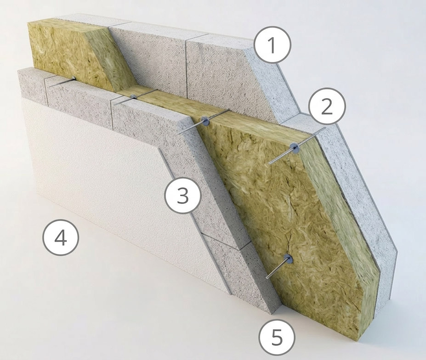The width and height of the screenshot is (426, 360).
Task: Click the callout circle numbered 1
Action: [273, 45]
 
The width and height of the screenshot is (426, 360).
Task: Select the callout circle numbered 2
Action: [327, 107]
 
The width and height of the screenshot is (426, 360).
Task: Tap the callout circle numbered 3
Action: [183, 196]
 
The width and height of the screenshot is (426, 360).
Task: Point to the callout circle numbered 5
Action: [277, 337]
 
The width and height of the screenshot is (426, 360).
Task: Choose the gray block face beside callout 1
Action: [216, 73]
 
